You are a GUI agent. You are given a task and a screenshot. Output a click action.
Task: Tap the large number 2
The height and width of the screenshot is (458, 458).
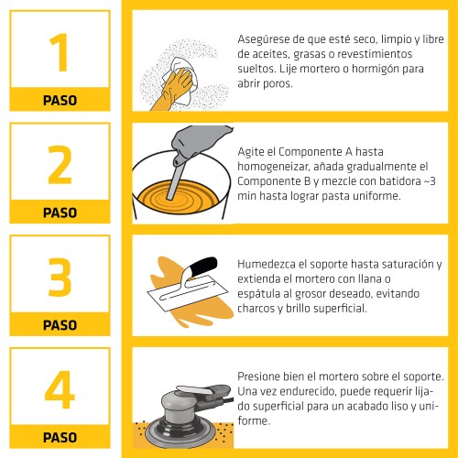60,165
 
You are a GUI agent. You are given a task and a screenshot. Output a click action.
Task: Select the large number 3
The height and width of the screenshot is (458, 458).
60,277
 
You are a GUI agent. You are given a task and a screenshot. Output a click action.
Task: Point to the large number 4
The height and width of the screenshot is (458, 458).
60,389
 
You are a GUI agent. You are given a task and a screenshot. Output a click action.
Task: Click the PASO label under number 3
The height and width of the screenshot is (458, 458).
60,325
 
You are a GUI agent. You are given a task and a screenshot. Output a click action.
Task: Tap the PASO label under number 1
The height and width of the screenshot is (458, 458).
60,100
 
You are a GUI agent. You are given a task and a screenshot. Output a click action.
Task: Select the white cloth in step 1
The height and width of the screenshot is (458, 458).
182,80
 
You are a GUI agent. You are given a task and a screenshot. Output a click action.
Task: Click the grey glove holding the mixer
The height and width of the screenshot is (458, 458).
200,141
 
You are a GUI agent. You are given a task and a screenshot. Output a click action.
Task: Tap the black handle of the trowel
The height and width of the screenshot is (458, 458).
203,265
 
